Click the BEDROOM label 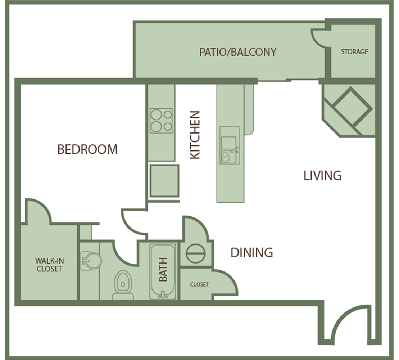87,149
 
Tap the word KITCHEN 195,135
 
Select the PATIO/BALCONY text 238,52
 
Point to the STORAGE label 354,52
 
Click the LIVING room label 322,176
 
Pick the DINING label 251,253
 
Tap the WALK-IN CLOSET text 49,265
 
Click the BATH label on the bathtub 163,269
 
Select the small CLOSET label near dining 199,284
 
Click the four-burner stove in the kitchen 161,121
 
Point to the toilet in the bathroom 123,285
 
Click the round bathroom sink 91,261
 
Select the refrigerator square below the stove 164,181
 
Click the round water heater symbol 196,253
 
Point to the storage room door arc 315,40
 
